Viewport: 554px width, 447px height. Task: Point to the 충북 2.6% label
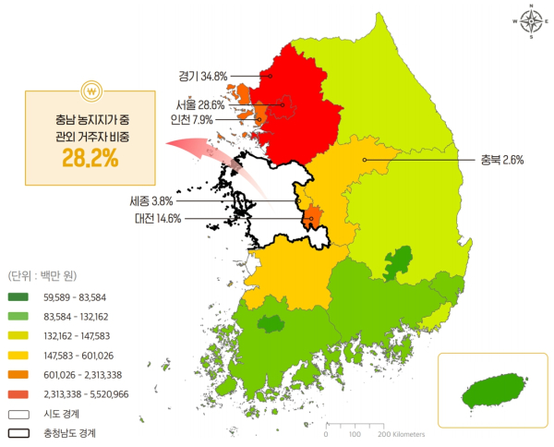502,160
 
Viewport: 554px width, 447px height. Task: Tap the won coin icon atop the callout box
91,91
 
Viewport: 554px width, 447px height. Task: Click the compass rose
531,24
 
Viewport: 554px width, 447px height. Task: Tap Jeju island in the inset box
488,391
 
